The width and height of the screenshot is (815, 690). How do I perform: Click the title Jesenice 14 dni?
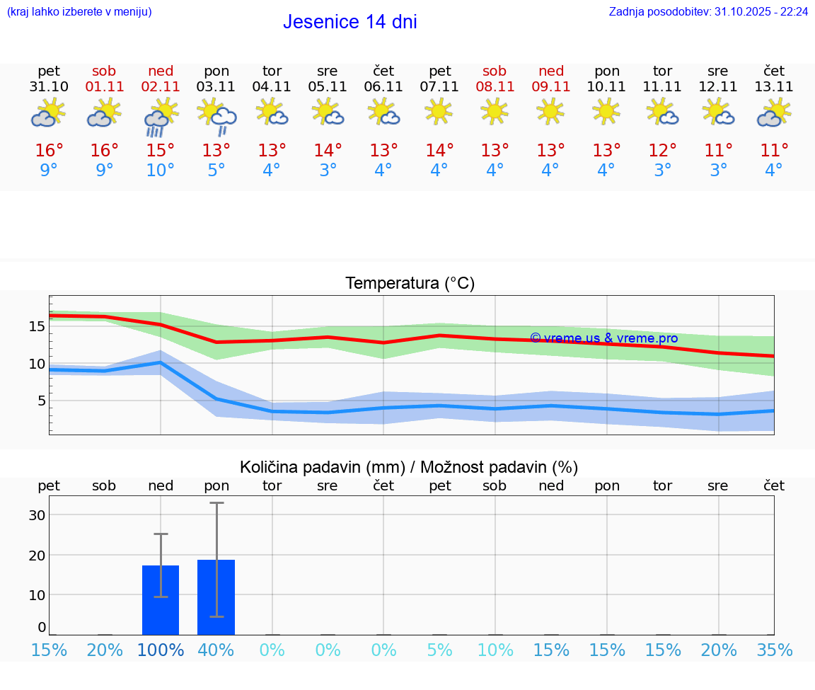click(x=349, y=22)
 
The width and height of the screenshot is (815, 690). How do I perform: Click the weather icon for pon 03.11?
click(x=216, y=116)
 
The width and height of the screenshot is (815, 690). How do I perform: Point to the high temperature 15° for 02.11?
click(x=161, y=151)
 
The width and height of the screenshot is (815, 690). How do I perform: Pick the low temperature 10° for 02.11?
click(x=161, y=171)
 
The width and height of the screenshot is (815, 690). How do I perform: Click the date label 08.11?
click(x=495, y=87)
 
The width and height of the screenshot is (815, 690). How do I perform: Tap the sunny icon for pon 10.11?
click(x=606, y=112)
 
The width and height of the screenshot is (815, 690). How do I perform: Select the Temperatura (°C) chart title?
click(x=410, y=284)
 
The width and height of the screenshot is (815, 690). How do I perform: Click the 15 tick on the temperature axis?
click(x=37, y=326)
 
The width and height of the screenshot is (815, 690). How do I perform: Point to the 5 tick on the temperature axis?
click(x=41, y=401)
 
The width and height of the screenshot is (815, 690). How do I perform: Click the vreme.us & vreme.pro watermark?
click(x=603, y=338)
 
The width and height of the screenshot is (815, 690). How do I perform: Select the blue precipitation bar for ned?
click(x=161, y=600)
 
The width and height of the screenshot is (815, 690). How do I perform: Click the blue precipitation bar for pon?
click(x=216, y=597)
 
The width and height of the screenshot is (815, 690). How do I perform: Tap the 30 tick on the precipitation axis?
click(x=37, y=515)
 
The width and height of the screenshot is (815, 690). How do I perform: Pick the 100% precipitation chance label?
click(x=161, y=650)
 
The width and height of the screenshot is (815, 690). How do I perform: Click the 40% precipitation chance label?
click(x=216, y=650)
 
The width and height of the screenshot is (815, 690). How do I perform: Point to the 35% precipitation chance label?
click(x=774, y=650)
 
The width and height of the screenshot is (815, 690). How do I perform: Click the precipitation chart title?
click(x=409, y=467)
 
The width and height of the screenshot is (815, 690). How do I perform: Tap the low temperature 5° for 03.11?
click(x=216, y=171)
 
